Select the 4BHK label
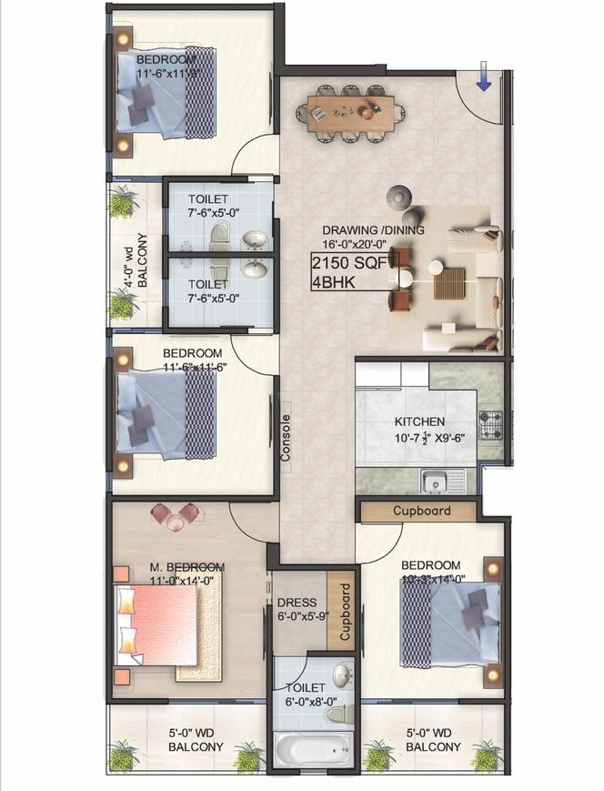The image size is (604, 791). (333, 282)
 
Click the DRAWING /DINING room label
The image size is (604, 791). (374, 230)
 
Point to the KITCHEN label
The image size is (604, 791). (419, 421)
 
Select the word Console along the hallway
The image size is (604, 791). (286, 439)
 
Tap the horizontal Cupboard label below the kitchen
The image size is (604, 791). (421, 511)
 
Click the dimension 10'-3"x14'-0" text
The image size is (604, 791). (432, 578)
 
